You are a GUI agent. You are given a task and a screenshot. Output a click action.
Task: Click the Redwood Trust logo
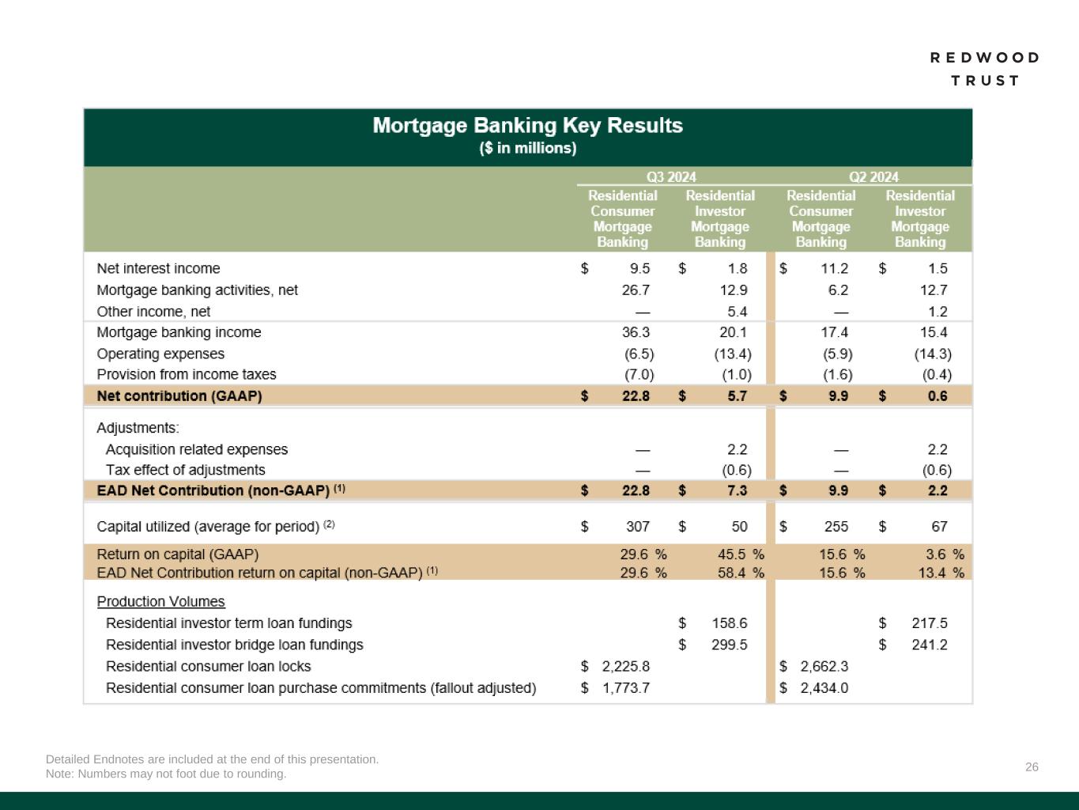pyautogui.click(x=984, y=69)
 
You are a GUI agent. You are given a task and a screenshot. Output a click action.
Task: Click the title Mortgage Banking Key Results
pyautogui.click(x=527, y=126)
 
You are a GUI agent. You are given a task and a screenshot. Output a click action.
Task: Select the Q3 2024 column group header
pyautogui.click(x=671, y=176)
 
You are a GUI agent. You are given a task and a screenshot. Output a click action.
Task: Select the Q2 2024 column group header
pyautogui.click(x=873, y=176)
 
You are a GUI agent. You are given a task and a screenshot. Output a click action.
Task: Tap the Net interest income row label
pyautogui.click(x=158, y=269)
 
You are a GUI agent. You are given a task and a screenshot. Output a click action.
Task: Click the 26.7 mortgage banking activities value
pyautogui.click(x=636, y=290)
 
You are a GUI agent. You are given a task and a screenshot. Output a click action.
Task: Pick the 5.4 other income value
pyautogui.click(x=737, y=312)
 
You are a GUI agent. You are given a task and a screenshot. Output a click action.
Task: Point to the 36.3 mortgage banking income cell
pyautogui.click(x=636, y=332)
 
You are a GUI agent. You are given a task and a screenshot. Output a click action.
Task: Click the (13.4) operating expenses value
pyautogui.click(x=733, y=354)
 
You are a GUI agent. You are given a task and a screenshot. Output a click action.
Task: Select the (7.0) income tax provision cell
pyautogui.click(x=639, y=374)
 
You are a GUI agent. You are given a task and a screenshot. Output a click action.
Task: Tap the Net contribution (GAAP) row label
pyautogui.click(x=179, y=396)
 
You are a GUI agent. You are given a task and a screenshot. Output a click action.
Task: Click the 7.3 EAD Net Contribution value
pyautogui.click(x=737, y=490)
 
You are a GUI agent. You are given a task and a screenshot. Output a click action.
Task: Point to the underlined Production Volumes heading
pyautogui.click(x=160, y=602)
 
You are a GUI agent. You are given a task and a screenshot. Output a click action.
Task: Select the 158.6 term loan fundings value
pyautogui.click(x=729, y=623)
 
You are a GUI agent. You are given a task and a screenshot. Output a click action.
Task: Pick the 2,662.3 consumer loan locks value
pyautogui.click(x=824, y=667)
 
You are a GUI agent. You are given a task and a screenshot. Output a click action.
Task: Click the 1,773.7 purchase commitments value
pyautogui.click(x=626, y=688)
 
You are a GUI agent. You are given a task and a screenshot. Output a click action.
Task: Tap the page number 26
pyautogui.click(x=1032, y=766)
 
